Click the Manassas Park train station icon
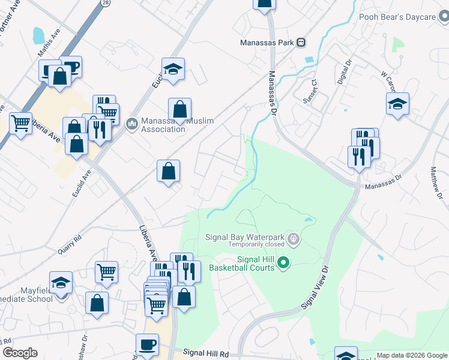[301, 43]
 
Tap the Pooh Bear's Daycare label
[397, 17]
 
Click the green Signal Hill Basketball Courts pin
[285, 262]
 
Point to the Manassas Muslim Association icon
[132, 125]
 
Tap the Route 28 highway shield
[105, 3]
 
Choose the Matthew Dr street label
[436, 184]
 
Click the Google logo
[20, 353]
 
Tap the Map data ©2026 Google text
[412, 355]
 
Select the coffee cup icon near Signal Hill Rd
[147, 344]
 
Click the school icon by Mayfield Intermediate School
[61, 281]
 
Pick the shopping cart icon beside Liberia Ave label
[20, 123]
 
